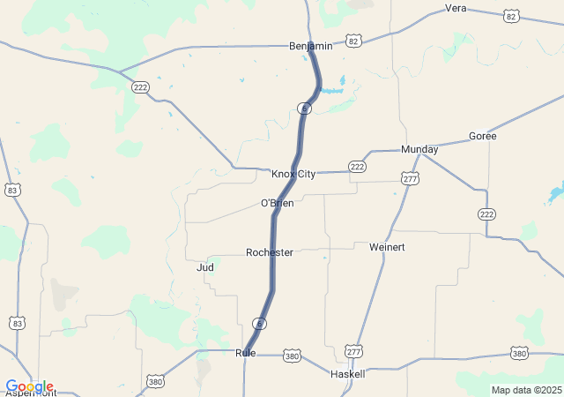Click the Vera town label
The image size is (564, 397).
click(456, 8)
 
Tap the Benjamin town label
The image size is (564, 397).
click(311, 46)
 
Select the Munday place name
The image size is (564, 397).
click(419, 150)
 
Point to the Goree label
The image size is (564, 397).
click(482, 136)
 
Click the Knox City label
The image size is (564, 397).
click(293, 174)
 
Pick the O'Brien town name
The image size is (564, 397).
click(277, 204)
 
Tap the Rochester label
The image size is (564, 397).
click(270, 252)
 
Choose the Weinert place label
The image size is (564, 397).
click(388, 247)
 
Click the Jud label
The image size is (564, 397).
click(205, 266)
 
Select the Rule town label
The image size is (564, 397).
click(246, 353)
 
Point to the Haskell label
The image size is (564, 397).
click(347, 374)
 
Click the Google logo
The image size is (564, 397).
click(29, 386)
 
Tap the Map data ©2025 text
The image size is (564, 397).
click(526, 390)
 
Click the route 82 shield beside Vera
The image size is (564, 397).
click(512, 16)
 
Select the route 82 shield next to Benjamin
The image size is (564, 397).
click(353, 41)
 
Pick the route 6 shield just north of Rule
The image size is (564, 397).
click(259, 324)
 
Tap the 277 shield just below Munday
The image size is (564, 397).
click(410, 179)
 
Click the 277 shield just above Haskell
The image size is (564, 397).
click(353, 351)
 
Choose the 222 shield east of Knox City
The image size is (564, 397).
click(357, 166)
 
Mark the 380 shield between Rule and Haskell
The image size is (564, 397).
click(292, 356)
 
